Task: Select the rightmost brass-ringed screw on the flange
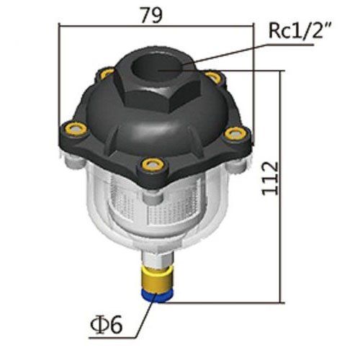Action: (233, 132)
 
